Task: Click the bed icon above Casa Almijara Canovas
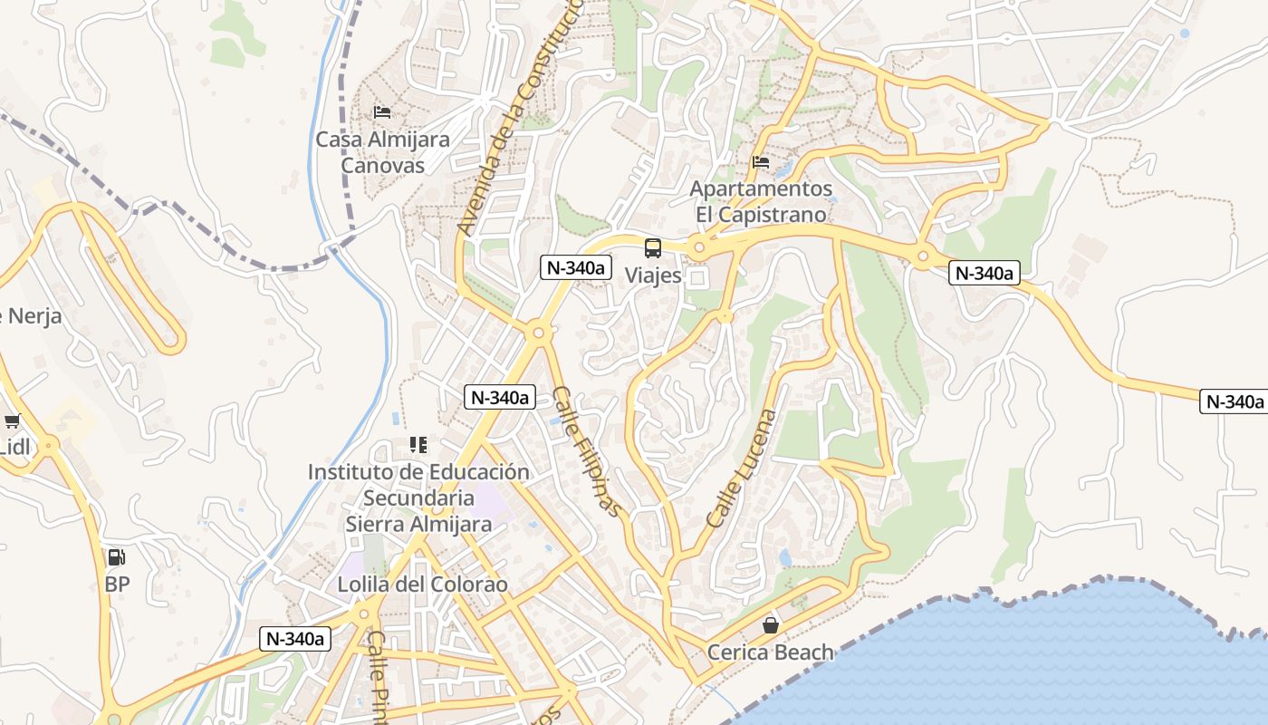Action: [x=382, y=112]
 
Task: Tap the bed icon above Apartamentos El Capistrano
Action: [x=761, y=162]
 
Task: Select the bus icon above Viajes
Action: [x=653, y=247]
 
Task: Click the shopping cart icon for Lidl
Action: [x=13, y=420]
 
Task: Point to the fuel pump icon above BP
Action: [x=117, y=557]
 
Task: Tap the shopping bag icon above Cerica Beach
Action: [x=771, y=625]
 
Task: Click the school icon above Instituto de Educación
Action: [x=418, y=445]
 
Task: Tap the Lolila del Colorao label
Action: [x=423, y=585]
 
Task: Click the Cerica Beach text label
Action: [x=771, y=652]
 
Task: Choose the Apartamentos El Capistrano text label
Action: [x=761, y=201]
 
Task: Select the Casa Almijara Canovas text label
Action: [x=382, y=152]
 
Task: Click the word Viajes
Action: [x=653, y=275]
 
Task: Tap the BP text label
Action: [x=117, y=585]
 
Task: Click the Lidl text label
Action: [x=14, y=447]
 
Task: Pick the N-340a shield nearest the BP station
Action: [x=295, y=638]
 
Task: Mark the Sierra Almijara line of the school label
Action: [x=418, y=524]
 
